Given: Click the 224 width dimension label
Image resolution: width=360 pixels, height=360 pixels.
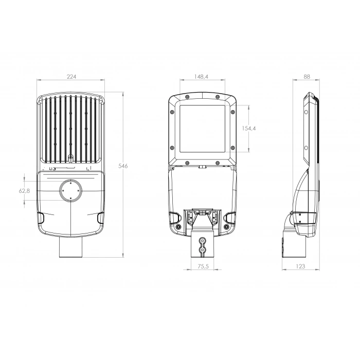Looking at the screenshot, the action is coord(71,77).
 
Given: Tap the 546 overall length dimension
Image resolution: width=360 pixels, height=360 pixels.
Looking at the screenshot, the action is coord(123,166).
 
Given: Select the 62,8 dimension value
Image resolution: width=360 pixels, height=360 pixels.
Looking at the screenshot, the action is coord(24,191).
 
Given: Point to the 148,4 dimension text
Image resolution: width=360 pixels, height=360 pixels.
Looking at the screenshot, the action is coord(201,77).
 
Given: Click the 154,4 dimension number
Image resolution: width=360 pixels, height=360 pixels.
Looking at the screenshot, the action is coord(249,129).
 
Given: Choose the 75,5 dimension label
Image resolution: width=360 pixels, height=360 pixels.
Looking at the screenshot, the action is coord(203,266).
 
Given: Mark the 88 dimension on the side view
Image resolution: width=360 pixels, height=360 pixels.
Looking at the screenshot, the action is coord(307,77).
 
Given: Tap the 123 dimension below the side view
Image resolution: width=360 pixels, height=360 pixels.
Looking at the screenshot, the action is coord(300,266).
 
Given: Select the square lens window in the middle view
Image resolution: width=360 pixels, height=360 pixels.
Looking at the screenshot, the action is coord(202,129).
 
